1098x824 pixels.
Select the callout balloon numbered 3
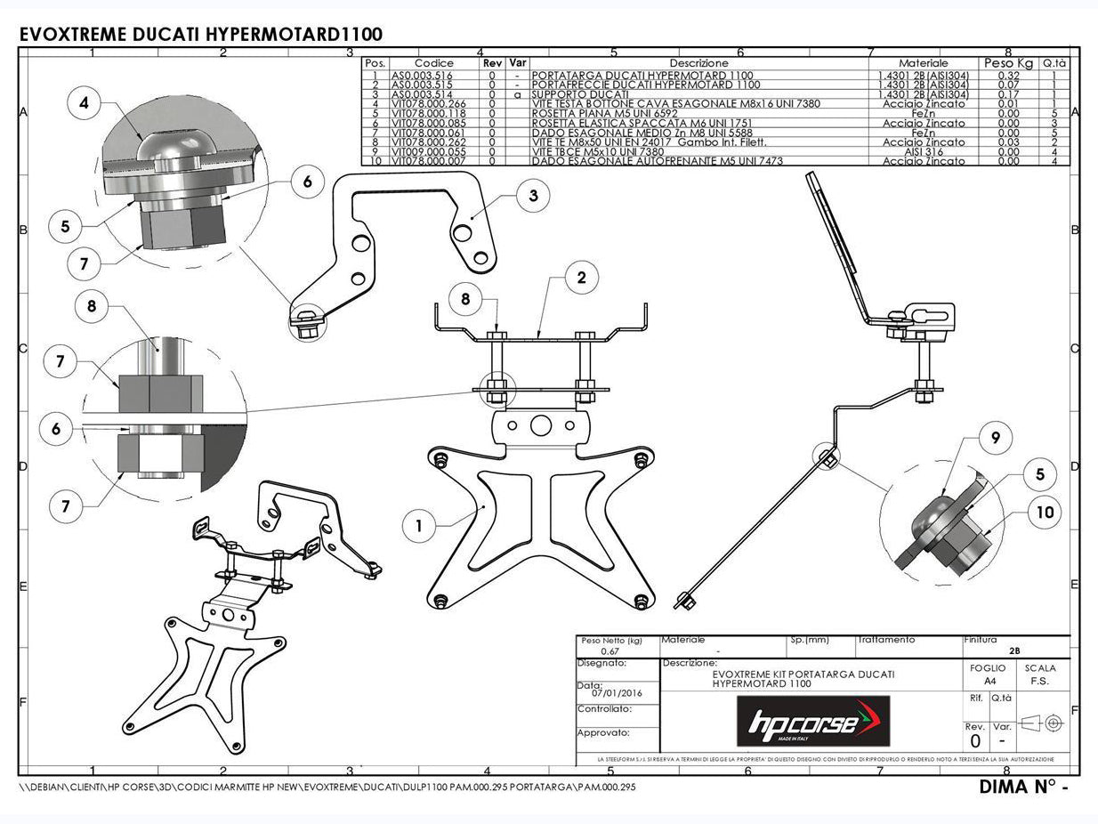(533, 196)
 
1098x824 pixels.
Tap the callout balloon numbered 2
(581, 278)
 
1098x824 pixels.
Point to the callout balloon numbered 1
(418, 526)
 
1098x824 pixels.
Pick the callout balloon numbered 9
(996, 437)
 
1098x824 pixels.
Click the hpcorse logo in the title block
(812, 722)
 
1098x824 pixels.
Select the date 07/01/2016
(610, 693)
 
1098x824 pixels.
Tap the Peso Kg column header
(1007, 63)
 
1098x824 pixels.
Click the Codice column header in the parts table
(433, 63)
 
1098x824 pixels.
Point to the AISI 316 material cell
(922, 151)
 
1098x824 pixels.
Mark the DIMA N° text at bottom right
(1022, 787)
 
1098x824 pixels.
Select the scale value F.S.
(1039, 681)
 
